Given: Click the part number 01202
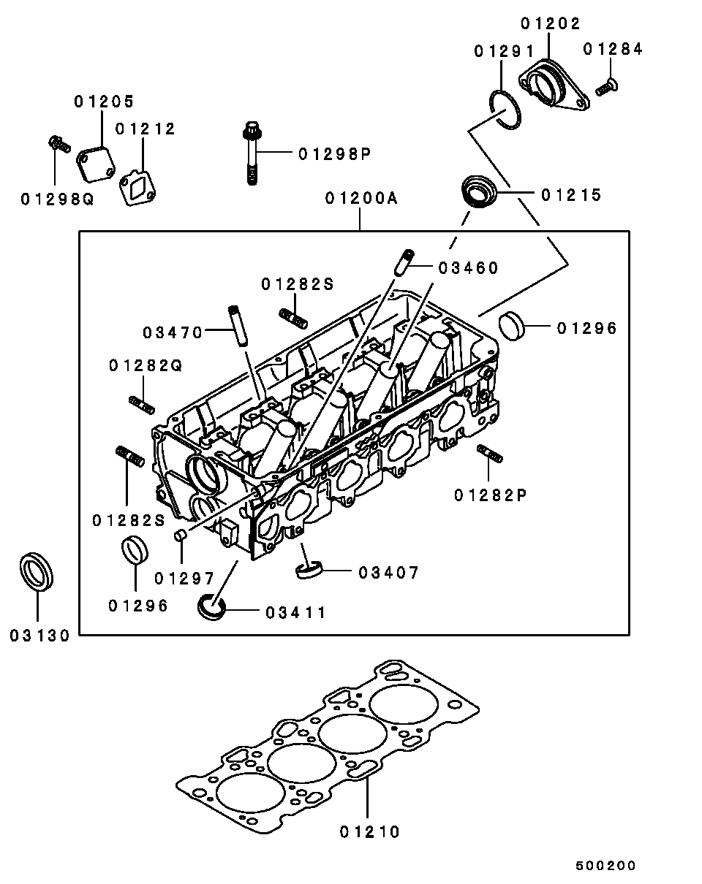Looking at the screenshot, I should click(551, 23).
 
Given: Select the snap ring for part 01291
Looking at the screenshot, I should click(504, 110).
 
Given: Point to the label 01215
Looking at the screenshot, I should click(571, 195).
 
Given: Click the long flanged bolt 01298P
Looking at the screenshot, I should click(250, 153).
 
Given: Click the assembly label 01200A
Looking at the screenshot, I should click(361, 198).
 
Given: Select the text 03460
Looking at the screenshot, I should click(468, 268).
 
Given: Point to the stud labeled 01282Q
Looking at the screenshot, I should click(142, 403).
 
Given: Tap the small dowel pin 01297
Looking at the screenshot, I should click(179, 537).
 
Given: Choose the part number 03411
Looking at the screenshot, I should click(295, 612).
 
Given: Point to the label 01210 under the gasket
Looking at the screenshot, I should click(370, 831).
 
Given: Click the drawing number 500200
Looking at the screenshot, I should click(605, 866).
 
